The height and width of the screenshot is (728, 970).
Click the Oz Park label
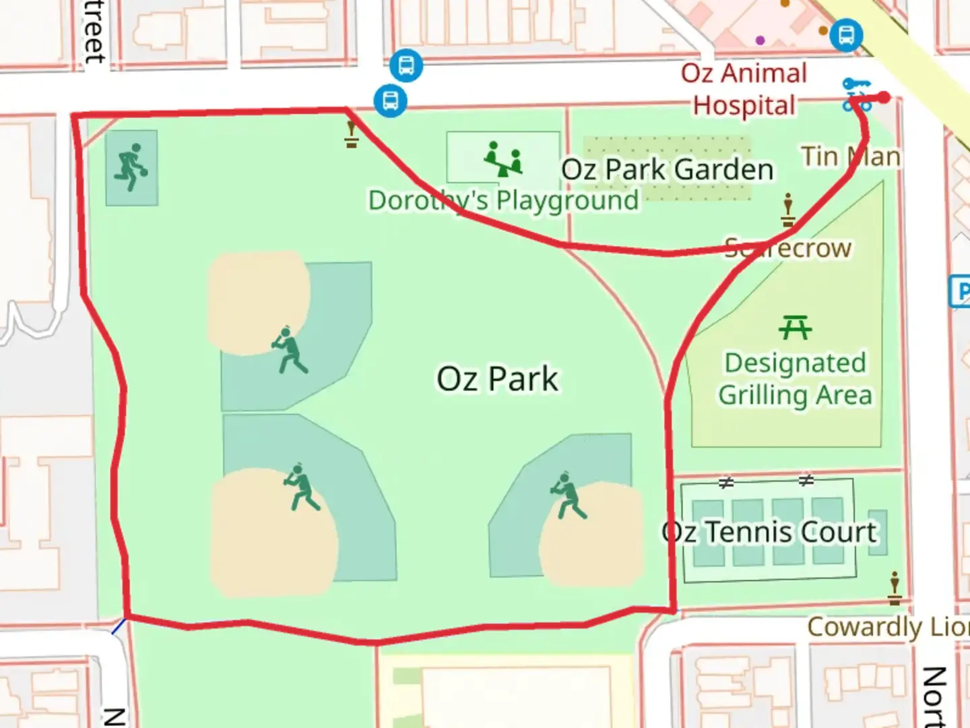[497, 379]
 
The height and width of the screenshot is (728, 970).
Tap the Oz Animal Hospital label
[744, 90]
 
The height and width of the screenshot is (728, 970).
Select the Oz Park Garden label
[667, 170]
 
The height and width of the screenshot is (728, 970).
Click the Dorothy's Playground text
[503, 200]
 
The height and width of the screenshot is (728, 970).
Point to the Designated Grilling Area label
[795, 379]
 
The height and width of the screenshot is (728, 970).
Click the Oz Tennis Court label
[769, 533]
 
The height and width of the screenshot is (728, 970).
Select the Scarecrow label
[787, 248]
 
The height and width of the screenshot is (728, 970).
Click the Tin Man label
[850, 156]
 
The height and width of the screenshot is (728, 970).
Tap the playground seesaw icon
[503, 160]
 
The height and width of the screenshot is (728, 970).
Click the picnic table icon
[795, 328]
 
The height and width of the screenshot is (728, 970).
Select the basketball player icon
[131, 167]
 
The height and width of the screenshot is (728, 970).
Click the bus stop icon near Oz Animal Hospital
[845, 34]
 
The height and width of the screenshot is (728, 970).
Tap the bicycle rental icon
[857, 94]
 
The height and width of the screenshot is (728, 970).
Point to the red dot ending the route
[884, 98]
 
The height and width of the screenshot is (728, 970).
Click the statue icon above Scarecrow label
[787, 210]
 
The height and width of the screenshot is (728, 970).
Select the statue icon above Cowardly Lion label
[895, 588]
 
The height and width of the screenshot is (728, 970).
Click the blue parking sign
[961, 291]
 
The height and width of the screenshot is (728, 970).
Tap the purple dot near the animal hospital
[761, 40]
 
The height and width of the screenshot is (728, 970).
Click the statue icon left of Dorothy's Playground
[351, 133]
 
